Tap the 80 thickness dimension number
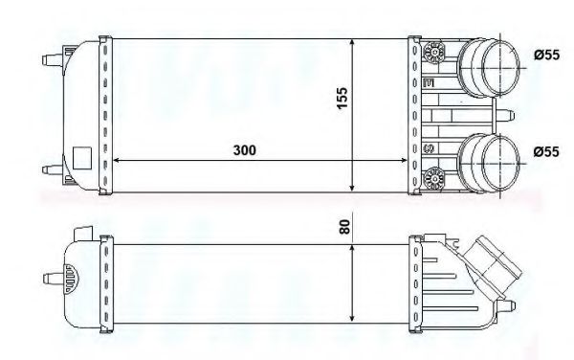[342, 227]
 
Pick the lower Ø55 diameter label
[545, 150]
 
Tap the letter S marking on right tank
[430, 148]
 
